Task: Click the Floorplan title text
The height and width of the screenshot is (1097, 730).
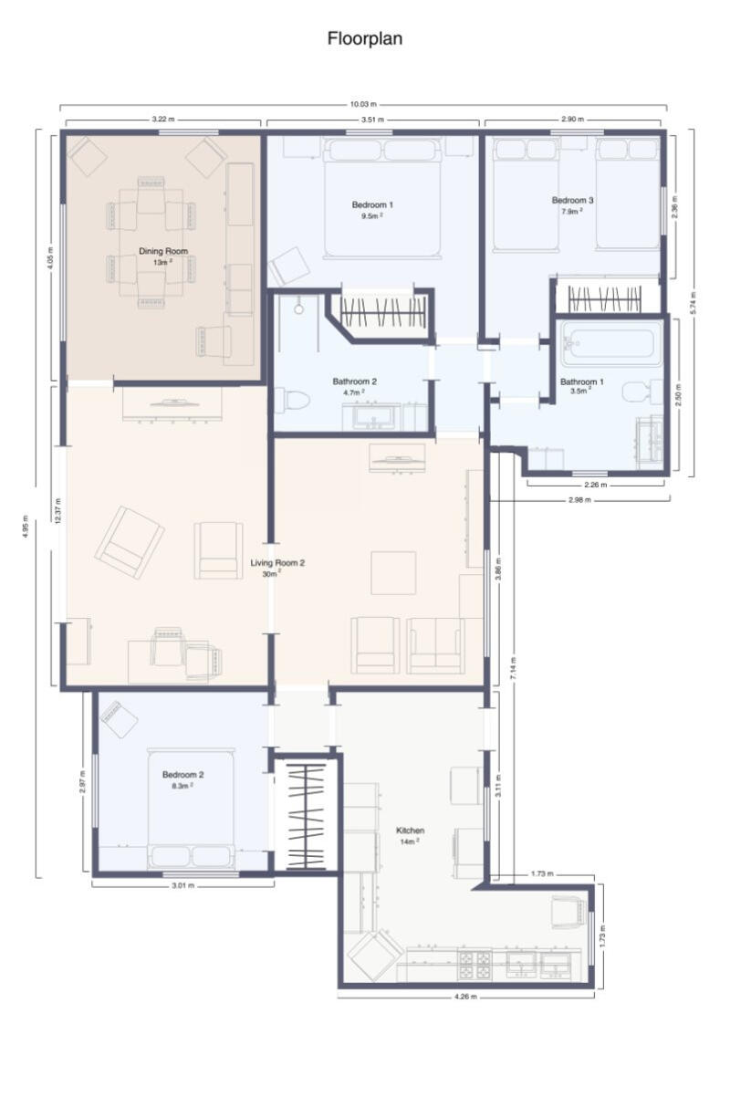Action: pyautogui.click(x=365, y=39)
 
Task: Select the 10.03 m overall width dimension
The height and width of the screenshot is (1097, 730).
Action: pyautogui.click(x=365, y=105)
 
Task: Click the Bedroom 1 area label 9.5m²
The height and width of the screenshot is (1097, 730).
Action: pyautogui.click(x=371, y=217)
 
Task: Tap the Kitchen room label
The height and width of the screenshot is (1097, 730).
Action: pyautogui.click(x=410, y=831)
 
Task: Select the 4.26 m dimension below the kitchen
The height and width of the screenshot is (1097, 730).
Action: pyautogui.click(x=465, y=997)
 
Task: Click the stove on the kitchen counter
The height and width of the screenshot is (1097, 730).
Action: pyautogui.click(x=474, y=963)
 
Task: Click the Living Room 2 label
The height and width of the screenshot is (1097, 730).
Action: pyautogui.click(x=277, y=563)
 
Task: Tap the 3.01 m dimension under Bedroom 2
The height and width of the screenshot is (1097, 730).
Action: pyautogui.click(x=183, y=885)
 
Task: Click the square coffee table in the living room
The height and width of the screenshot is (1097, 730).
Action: pyautogui.click(x=393, y=572)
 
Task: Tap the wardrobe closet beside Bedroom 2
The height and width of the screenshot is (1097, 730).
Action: pyautogui.click(x=306, y=815)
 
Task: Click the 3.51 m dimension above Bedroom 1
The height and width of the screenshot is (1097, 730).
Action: pyautogui.click(x=371, y=120)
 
